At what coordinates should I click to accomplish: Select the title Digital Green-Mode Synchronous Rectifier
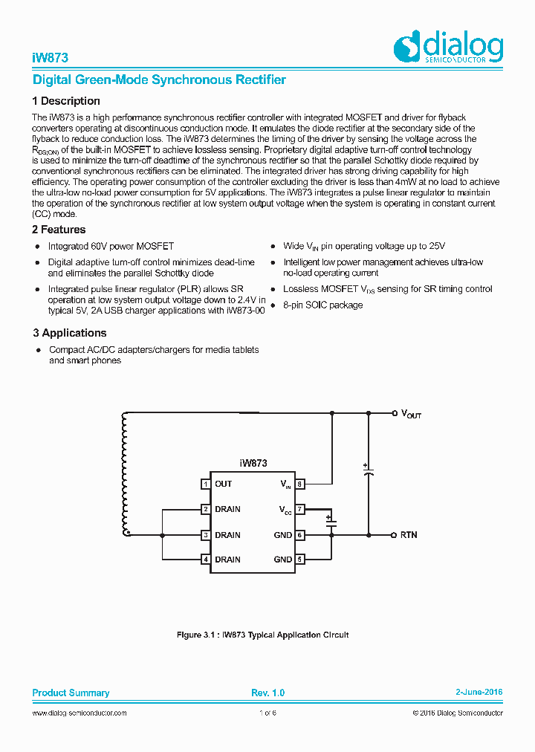(x=159, y=80)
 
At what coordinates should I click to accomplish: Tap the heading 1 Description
(x=66, y=101)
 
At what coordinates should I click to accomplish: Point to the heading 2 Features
(x=59, y=230)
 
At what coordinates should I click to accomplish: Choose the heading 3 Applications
(x=69, y=333)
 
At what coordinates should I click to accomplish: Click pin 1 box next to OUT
(x=205, y=484)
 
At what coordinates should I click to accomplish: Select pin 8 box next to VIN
(x=299, y=484)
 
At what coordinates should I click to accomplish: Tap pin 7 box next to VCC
(x=299, y=510)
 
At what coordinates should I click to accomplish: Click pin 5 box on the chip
(x=299, y=560)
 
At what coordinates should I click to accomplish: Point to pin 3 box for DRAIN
(x=205, y=535)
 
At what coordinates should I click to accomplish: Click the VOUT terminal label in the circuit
(x=411, y=414)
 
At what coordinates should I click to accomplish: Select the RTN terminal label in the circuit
(x=409, y=535)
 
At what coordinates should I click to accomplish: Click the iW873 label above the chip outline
(x=253, y=463)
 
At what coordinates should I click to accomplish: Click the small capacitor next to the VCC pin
(x=331, y=522)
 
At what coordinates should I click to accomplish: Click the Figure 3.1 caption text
(x=262, y=635)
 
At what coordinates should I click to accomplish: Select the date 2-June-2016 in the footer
(x=479, y=693)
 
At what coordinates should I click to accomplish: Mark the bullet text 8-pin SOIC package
(x=322, y=305)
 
